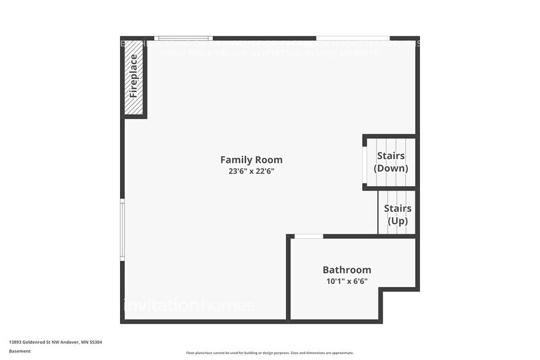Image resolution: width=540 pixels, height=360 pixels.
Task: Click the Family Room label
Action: coord(251,160)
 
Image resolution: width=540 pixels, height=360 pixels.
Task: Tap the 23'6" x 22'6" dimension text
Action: coord(251,171)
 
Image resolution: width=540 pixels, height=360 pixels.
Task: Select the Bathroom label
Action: coord(347,270)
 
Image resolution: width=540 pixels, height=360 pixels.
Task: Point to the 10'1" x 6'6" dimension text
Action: coord(347,282)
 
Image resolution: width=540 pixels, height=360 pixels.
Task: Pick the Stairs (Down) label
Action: coord(391,162)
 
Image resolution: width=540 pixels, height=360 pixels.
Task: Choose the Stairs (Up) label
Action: coord(397,215)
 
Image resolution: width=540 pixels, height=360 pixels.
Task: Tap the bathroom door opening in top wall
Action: coord(309,236)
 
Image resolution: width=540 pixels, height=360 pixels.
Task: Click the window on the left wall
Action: coord(122,230)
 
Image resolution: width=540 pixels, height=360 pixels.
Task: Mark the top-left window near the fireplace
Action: coord(183,38)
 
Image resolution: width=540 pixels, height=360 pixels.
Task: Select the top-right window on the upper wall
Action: coord(353,38)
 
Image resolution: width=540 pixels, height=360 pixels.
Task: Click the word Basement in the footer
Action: coord(20,351)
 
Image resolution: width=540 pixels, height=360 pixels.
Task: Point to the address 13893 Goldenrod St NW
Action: coord(34,342)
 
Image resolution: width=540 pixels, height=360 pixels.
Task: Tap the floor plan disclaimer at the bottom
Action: coord(269,353)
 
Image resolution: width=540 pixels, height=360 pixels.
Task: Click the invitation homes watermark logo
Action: coord(188,304)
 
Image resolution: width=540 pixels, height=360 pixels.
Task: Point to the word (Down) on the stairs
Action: coord(391,168)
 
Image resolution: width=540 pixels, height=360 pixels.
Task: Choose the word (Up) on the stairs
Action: coord(397,221)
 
